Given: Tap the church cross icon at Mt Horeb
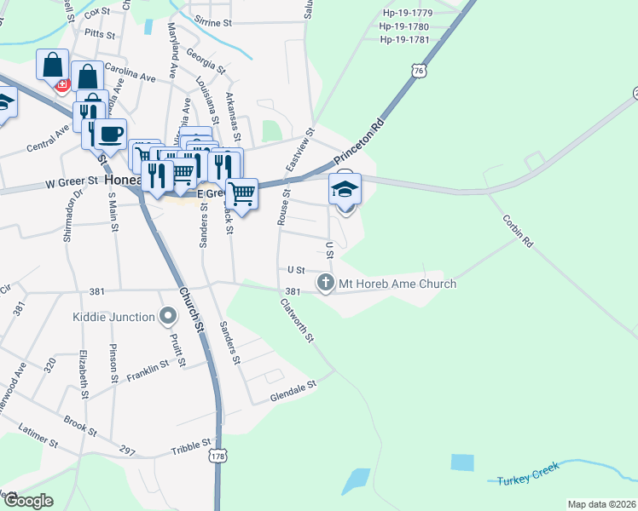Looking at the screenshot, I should (325, 283).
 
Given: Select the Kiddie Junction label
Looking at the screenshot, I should (113, 317).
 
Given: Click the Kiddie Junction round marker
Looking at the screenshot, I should (169, 317).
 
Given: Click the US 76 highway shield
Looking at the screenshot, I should (417, 72).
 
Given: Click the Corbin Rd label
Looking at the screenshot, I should (517, 230).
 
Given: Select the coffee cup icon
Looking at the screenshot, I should (109, 133).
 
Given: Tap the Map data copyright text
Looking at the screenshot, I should (601, 504).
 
